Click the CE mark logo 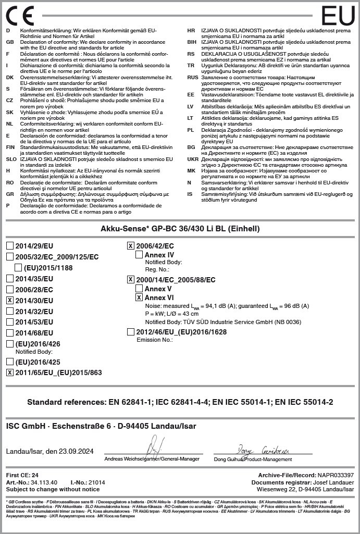(x=20, y=16)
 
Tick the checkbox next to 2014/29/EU (x=10, y=246)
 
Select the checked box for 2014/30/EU (x=10, y=300)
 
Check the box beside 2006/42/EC (x=131, y=246)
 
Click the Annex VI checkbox (x=139, y=297)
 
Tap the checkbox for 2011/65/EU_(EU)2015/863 (x=10, y=372)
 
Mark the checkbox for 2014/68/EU (x=10, y=332)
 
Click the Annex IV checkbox (x=139, y=255)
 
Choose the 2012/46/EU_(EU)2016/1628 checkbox (x=131, y=331)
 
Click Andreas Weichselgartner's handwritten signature (x=154, y=448)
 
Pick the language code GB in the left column (x=9, y=42)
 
